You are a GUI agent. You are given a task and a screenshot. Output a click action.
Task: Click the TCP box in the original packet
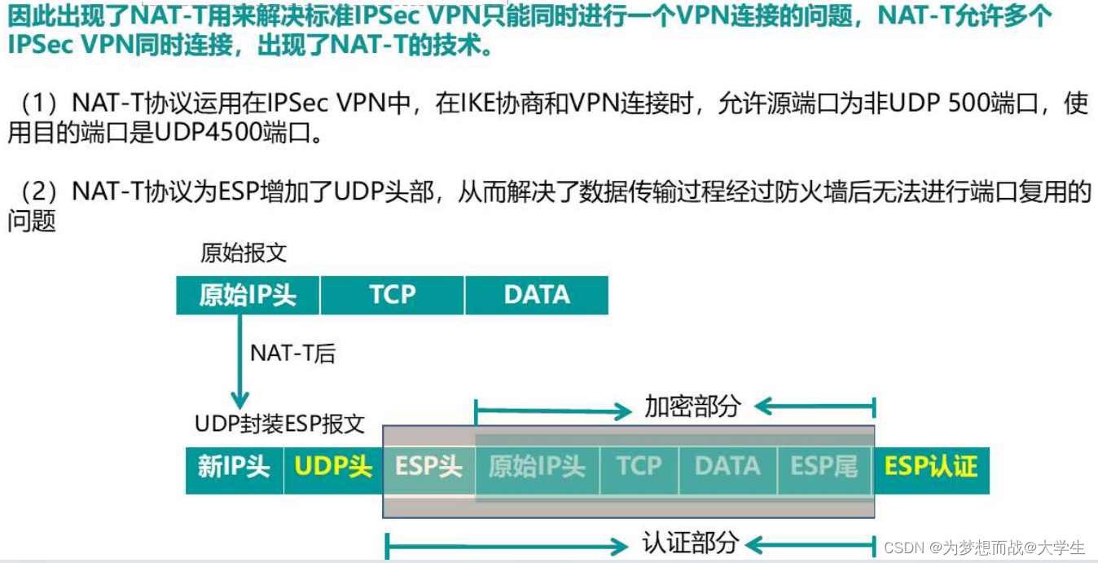pyautogui.click(x=392, y=295)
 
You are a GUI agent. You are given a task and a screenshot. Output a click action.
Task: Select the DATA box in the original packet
pyautogui.click(x=537, y=295)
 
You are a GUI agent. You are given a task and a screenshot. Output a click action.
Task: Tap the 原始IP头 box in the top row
pyautogui.click(x=248, y=295)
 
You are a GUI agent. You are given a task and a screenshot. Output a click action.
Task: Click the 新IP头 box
pyautogui.click(x=234, y=467)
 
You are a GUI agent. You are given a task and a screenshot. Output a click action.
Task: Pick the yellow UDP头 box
pyautogui.click(x=333, y=467)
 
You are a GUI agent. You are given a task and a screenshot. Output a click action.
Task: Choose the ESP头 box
pyautogui.click(x=428, y=467)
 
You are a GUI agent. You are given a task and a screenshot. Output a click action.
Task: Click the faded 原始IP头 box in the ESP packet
pyautogui.click(x=537, y=467)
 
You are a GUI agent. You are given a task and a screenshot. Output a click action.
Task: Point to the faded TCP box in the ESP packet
pyautogui.click(x=639, y=467)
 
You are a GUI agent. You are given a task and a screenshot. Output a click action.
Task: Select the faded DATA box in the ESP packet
pyautogui.click(x=727, y=467)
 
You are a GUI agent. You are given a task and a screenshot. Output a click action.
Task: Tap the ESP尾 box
pyautogui.click(x=824, y=467)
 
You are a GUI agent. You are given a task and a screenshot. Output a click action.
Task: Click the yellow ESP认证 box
pyautogui.click(x=931, y=467)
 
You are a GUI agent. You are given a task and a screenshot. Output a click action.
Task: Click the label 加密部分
pyautogui.click(x=692, y=407)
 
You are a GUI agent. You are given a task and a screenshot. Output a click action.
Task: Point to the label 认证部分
pyautogui.click(x=691, y=543)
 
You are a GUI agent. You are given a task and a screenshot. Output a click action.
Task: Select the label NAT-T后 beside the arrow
pyautogui.click(x=292, y=353)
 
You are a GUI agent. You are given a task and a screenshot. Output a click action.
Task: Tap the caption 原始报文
pyautogui.click(x=244, y=253)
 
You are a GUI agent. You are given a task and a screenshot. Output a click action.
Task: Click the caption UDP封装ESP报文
pyautogui.click(x=279, y=424)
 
